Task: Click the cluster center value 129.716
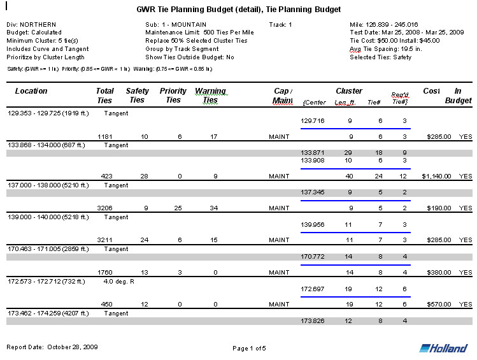312,120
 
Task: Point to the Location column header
31,91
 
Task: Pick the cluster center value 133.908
312,160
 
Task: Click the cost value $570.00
439,304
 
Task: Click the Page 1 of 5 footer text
249,349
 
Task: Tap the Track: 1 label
280,24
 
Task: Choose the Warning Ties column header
210,96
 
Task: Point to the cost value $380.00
439,272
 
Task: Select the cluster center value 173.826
312,320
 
